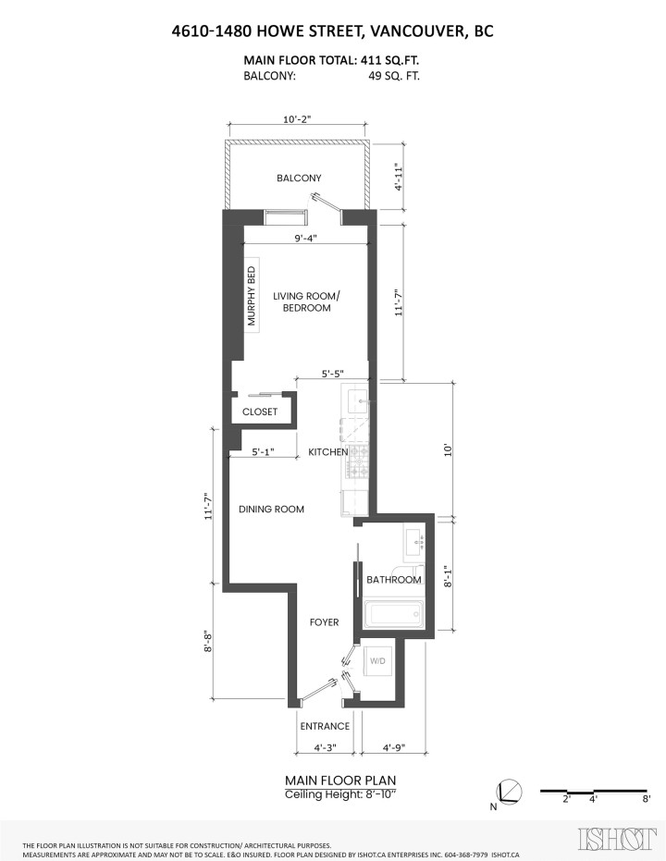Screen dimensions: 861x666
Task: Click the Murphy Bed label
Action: (250, 296)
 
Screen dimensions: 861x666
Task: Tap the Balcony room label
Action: (298, 178)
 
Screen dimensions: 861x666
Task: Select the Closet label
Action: (260, 412)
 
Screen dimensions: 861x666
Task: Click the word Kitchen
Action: (327, 452)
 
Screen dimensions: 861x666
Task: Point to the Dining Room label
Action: (271, 510)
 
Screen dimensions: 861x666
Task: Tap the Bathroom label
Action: (394, 580)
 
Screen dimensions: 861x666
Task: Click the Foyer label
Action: (325, 622)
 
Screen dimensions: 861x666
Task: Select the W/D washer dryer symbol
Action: (378, 662)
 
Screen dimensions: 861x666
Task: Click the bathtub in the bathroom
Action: (394, 613)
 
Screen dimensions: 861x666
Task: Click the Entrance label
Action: (325, 726)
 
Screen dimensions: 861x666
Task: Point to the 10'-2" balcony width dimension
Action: (298, 119)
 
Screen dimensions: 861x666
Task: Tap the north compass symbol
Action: (509, 793)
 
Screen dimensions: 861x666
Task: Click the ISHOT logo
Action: (611, 840)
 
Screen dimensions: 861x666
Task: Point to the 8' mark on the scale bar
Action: (647, 798)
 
